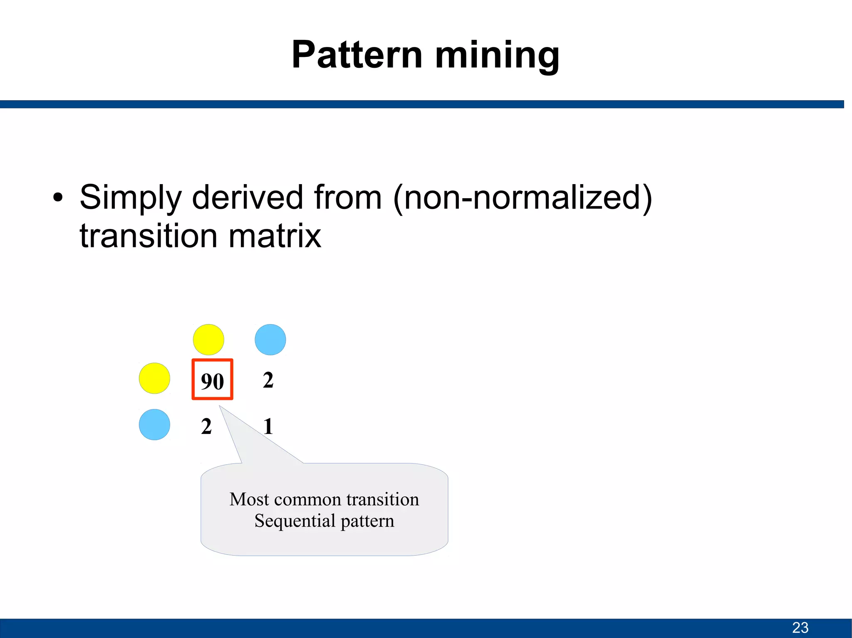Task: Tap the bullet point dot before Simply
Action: pos(58,198)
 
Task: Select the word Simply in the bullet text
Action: pos(130,198)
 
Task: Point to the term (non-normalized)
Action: pos(523,198)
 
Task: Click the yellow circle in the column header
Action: pos(208,340)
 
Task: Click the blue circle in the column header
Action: pos(270,340)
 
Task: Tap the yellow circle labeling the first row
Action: pos(154,378)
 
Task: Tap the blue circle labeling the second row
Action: pos(154,425)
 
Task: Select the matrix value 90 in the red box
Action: pos(212,381)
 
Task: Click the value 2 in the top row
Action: pos(268,380)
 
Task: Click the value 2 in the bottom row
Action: pos(206,426)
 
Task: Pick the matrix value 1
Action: pos(268,426)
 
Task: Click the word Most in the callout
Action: pos(249,499)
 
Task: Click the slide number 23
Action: pos(800,627)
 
